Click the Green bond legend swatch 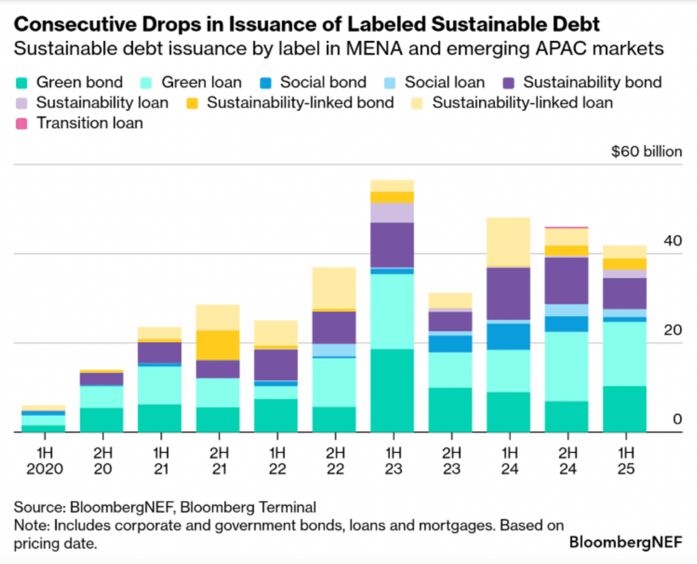[x=23, y=83]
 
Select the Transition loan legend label [x=90, y=123]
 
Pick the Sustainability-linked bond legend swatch [x=194, y=104]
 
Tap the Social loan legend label [x=444, y=83]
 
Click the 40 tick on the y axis [x=672, y=241]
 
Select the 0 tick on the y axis [x=677, y=419]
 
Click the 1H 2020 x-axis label [x=44, y=461]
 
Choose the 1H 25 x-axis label [x=624, y=461]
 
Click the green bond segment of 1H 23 [x=392, y=390]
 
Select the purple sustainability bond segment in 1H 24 [x=508, y=293]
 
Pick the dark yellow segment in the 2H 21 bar [x=218, y=345]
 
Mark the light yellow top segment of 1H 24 [x=508, y=241]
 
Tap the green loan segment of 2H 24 [x=566, y=366]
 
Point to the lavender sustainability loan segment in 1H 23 [x=392, y=213]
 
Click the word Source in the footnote [x=36, y=507]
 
